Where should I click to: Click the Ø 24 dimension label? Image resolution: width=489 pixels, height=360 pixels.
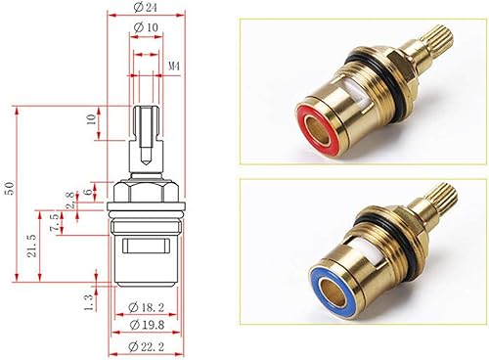pyautogui.click(x=146, y=8)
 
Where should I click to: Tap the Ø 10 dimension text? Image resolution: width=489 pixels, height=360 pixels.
pyautogui.click(x=146, y=27)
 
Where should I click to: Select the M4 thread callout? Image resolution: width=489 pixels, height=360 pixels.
pyautogui.click(x=174, y=67)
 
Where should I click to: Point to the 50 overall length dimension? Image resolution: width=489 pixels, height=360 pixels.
pyautogui.click(x=11, y=188)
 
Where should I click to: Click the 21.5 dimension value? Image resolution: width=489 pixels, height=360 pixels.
pyautogui.click(x=31, y=246)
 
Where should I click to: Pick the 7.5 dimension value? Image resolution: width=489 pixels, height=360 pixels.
pyautogui.click(x=55, y=222)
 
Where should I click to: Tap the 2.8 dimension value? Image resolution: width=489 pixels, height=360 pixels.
pyautogui.click(x=70, y=200)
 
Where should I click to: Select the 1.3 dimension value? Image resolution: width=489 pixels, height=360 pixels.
pyautogui.click(x=89, y=302)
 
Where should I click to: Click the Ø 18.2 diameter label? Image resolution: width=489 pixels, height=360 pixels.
pyautogui.click(x=146, y=307)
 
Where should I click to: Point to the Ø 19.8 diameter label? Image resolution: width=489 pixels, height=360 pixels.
pyautogui.click(x=147, y=325)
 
